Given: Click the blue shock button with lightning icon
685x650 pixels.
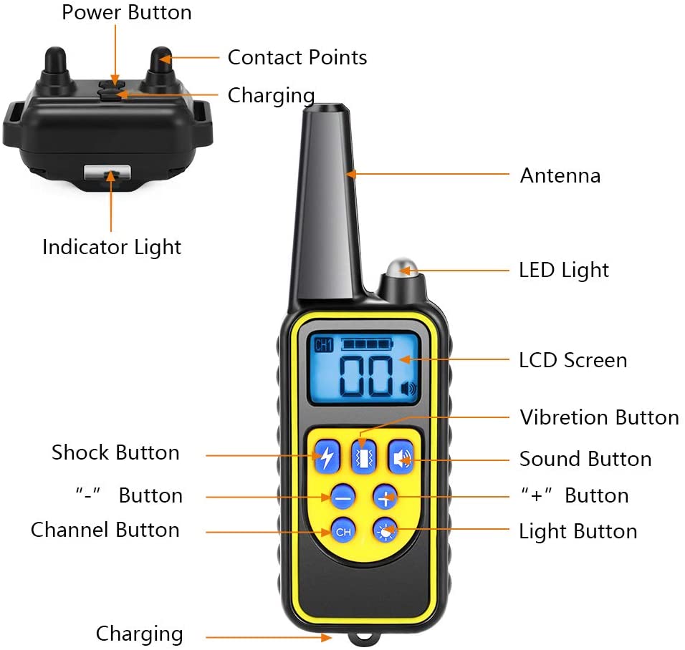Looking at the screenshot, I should pyautogui.click(x=326, y=457).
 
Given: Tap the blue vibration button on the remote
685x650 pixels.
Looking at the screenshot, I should pyautogui.click(x=363, y=457).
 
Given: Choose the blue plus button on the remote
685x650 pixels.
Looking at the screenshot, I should pyautogui.click(x=385, y=496).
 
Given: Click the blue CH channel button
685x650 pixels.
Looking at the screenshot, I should pyautogui.click(x=342, y=532).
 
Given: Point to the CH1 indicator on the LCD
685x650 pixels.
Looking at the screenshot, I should pyautogui.click(x=324, y=346).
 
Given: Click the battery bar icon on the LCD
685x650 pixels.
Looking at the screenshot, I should pyautogui.click(x=367, y=344).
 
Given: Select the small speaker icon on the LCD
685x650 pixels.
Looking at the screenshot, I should pyautogui.click(x=409, y=389).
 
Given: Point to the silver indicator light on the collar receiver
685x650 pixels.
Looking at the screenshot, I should pyautogui.click(x=108, y=173).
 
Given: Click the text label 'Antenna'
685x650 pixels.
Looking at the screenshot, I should pyautogui.click(x=560, y=175).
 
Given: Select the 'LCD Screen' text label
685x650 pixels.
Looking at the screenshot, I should pyautogui.click(x=573, y=360).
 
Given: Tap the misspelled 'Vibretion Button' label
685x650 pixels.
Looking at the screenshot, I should pyautogui.click(x=599, y=417).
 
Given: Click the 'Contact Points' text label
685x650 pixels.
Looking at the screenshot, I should pyautogui.click(x=297, y=58).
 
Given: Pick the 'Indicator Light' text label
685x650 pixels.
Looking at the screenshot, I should pyautogui.click(x=112, y=247).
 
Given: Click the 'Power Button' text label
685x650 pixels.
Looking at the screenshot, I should pyautogui.click(x=126, y=12).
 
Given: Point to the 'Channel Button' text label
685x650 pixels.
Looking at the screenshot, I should pyautogui.click(x=105, y=530).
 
